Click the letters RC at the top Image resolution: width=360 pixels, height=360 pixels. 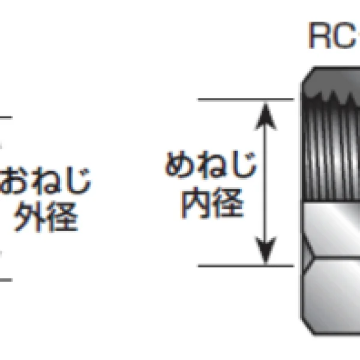pos(332,35)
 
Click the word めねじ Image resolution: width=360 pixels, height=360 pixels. pos(211,165)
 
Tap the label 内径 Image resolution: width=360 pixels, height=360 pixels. pos(212,203)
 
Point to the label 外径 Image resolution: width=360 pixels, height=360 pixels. pos(46,217)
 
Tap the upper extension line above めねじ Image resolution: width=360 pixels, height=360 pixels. pos(246,100)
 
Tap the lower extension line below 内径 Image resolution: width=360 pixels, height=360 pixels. pos(246,266)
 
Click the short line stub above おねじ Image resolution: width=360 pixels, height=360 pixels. pos(6,118)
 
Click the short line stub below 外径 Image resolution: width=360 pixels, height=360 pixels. pos(6,280)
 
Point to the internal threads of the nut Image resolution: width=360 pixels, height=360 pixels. pos(332,147)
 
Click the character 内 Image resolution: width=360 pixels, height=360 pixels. pos(196,203)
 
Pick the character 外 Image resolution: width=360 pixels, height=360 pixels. pos(29,217)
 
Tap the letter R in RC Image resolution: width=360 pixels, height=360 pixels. pos(319,35)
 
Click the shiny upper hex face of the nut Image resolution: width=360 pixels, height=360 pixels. pos(333,230)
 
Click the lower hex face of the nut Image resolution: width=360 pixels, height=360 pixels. pos(333,296)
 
